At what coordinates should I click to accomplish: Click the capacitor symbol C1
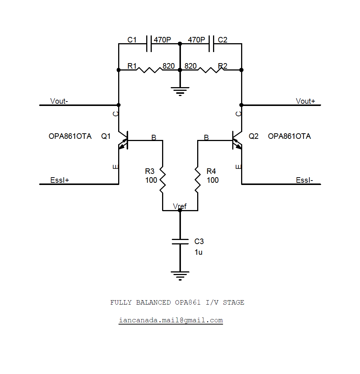[x=149, y=44]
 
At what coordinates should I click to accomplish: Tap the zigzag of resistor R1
[x=149, y=69]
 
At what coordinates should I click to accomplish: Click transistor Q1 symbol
[x=123, y=140]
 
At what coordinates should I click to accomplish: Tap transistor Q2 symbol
[x=237, y=140]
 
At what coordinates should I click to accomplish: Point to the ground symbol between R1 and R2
[x=180, y=91]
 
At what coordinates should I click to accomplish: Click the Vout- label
[x=59, y=101]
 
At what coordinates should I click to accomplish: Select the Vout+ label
[x=305, y=101]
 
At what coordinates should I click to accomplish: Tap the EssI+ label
[x=60, y=180]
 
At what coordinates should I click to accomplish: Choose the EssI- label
[x=305, y=180]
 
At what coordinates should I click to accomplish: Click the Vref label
[x=180, y=206]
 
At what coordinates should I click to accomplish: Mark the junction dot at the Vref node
[x=180, y=210]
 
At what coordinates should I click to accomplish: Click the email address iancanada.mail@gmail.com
[x=171, y=320]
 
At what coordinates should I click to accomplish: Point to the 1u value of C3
[x=198, y=253]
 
